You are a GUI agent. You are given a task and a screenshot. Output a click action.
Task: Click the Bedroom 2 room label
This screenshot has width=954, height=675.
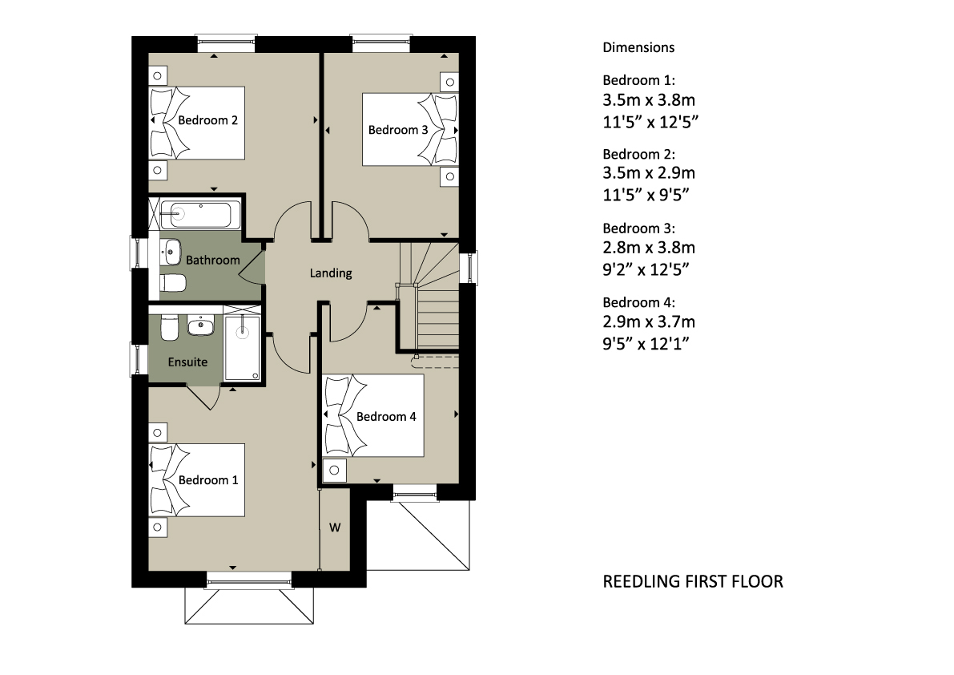tap(207, 120)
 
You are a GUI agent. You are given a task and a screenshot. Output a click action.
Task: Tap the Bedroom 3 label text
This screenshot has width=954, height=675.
tap(398, 130)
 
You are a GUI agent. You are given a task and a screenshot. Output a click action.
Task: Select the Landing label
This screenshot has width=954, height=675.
tap(330, 273)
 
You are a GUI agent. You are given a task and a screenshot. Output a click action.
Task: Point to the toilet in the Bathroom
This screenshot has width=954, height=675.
tap(173, 283)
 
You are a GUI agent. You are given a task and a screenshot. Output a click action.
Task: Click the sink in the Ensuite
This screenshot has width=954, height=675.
tap(200, 326)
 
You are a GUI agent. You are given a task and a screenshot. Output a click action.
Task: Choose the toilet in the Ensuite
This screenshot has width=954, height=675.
tap(169, 327)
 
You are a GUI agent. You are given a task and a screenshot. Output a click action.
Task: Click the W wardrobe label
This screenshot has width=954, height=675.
tap(335, 527)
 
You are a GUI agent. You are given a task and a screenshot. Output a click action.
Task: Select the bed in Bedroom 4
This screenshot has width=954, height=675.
tap(372, 415)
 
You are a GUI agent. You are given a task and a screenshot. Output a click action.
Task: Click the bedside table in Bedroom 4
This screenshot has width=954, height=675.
tap(334, 471)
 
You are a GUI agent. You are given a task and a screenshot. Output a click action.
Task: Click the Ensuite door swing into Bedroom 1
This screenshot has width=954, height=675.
tap(203, 398)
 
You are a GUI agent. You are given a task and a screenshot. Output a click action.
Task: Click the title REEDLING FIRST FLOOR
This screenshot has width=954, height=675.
tap(692, 582)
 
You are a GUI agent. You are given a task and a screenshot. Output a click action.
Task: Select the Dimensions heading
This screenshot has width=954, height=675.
tap(638, 47)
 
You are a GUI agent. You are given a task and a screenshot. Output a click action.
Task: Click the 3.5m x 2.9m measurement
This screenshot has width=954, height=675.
tap(649, 173)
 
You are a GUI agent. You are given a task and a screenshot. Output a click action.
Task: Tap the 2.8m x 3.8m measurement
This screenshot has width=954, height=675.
tap(649, 248)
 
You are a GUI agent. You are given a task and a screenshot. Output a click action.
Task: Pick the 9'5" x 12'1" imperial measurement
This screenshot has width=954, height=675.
tap(646, 344)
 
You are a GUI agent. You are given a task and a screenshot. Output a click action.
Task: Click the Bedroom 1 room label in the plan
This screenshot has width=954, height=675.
tap(208, 480)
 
